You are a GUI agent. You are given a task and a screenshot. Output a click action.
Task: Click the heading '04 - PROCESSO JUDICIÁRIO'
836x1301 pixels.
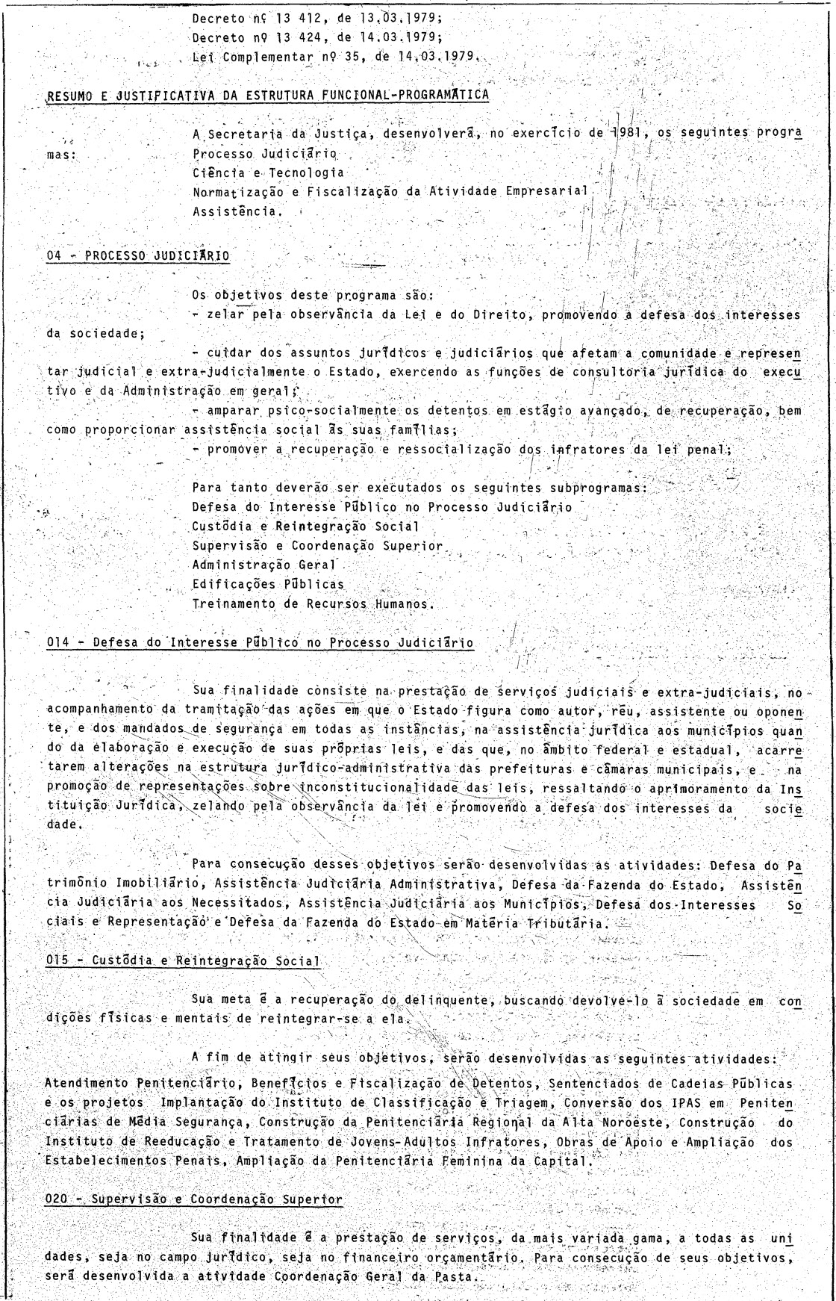click(138, 255)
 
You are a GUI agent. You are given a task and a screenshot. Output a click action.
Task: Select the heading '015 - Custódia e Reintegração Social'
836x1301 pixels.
click(183, 960)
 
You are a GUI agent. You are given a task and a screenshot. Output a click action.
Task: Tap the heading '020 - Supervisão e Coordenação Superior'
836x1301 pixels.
click(193, 1199)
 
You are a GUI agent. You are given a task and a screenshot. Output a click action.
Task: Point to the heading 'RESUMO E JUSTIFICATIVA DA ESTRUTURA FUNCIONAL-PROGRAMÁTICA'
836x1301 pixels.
click(268, 95)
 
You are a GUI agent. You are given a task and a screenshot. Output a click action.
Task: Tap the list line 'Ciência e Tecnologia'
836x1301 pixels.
click(268, 173)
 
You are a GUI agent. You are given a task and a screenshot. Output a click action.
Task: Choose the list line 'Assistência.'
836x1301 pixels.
click(238, 211)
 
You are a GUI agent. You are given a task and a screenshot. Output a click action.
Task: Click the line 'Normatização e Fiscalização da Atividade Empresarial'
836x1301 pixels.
click(391, 192)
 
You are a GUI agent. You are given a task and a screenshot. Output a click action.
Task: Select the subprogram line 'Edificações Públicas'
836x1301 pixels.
click(268, 584)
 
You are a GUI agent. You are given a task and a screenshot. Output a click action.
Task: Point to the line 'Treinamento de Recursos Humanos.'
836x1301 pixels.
click(313, 603)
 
